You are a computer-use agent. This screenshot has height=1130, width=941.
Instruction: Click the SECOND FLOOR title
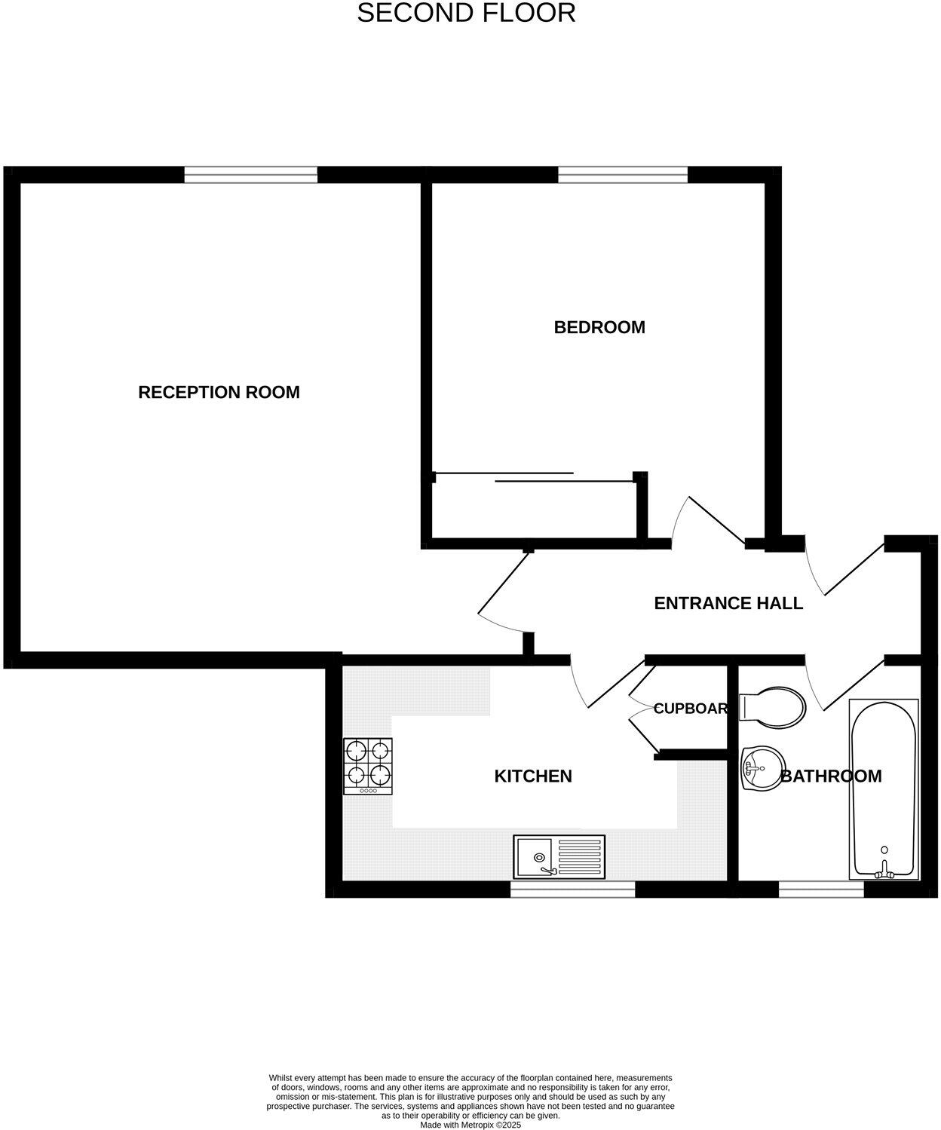466,13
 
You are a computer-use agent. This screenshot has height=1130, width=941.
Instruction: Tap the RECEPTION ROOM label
219,392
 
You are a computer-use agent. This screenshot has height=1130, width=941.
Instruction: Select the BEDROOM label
599,327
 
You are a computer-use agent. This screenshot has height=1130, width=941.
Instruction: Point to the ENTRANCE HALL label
728,603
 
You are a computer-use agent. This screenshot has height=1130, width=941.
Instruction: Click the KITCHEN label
533,776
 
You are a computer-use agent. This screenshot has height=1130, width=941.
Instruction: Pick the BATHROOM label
831,776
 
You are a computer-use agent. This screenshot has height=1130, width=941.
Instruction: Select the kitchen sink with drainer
559,856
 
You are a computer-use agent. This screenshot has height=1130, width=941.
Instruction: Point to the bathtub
884,788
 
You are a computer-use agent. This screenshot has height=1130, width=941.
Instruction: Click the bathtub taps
884,872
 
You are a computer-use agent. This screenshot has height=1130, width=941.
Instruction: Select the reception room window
251,175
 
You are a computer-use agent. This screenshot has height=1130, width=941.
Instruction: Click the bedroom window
623,175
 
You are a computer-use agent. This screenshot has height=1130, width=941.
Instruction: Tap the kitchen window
573,890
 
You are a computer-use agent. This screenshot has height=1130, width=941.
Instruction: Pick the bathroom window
821,890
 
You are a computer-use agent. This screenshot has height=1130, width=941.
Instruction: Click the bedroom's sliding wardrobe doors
534,476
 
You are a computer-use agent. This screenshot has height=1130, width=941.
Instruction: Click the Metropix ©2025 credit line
470,1125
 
